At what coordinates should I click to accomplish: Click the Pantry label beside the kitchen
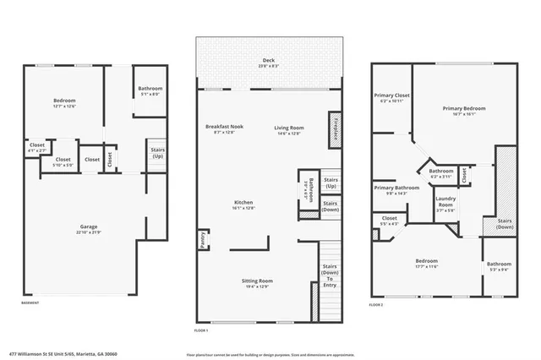click(x=203, y=240)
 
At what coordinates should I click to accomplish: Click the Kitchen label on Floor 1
click(x=244, y=204)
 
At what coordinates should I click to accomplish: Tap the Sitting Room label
click(x=259, y=283)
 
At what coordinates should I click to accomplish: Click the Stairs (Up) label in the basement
click(x=157, y=154)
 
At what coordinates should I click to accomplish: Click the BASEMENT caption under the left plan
click(x=30, y=303)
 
